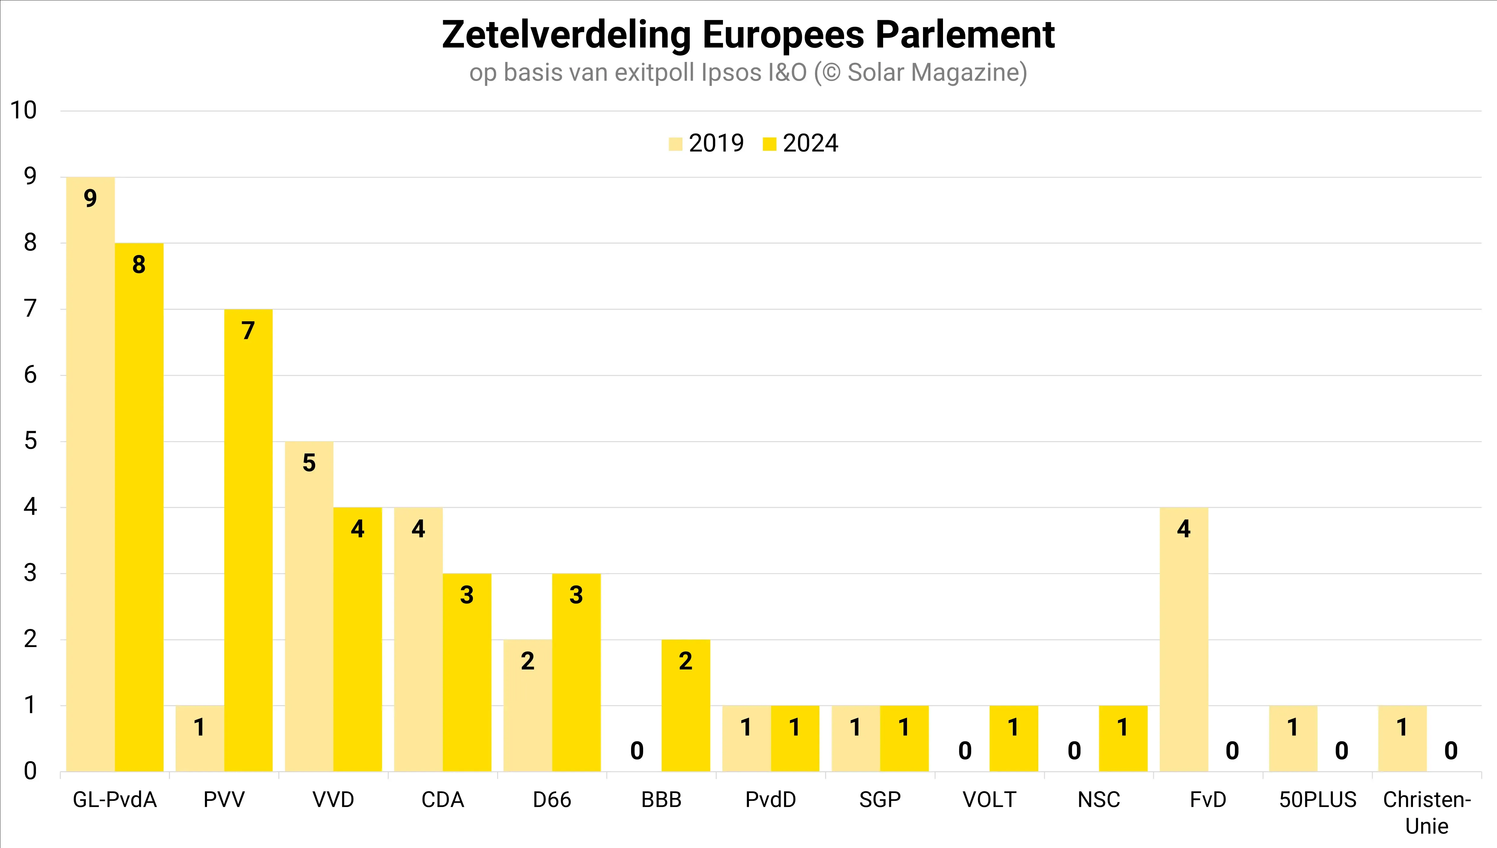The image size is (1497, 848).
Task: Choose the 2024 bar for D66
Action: (576, 673)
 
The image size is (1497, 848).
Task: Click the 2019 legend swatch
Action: (675, 144)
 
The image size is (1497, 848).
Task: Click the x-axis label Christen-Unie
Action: (1427, 812)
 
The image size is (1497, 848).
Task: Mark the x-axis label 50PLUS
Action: (1317, 800)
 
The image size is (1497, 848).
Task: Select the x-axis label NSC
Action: (1099, 800)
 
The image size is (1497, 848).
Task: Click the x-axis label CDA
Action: (443, 800)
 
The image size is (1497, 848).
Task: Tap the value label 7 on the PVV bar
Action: (248, 331)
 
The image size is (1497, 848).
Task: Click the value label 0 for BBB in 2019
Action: (637, 751)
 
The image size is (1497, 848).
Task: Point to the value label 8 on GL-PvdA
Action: (139, 265)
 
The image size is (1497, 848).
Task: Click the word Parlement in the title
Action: (965, 35)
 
